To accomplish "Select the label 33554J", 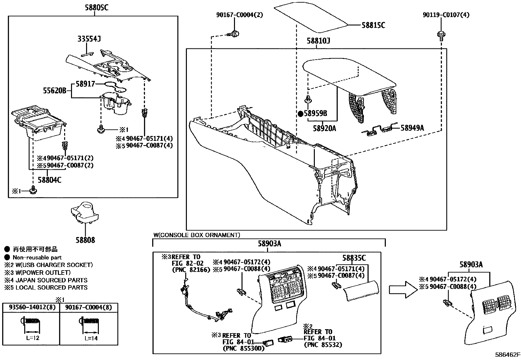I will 89,39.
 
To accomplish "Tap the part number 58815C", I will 373,25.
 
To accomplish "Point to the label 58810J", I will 318,41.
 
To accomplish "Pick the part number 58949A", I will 412,128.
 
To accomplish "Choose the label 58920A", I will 324,128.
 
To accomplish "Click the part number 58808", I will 84,240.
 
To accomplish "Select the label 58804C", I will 49,180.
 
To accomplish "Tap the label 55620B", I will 55,90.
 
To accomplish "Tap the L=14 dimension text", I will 91,338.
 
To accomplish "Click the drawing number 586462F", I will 507,355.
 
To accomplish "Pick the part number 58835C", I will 354,258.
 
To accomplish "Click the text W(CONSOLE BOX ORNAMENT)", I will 196,235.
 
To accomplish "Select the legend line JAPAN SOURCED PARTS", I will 46,280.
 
